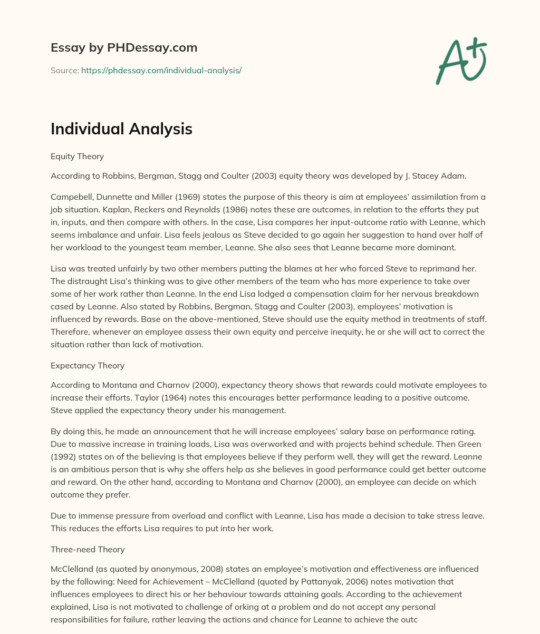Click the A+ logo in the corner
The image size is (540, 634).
pos(461,62)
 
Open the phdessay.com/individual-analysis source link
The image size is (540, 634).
pos(161,70)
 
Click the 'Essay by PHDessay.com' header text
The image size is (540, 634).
pos(124,47)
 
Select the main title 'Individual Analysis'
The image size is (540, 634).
pos(121,129)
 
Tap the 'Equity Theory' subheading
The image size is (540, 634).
pos(77,157)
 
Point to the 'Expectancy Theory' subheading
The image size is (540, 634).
pos(88,365)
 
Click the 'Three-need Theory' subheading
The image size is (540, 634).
pos(88,550)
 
